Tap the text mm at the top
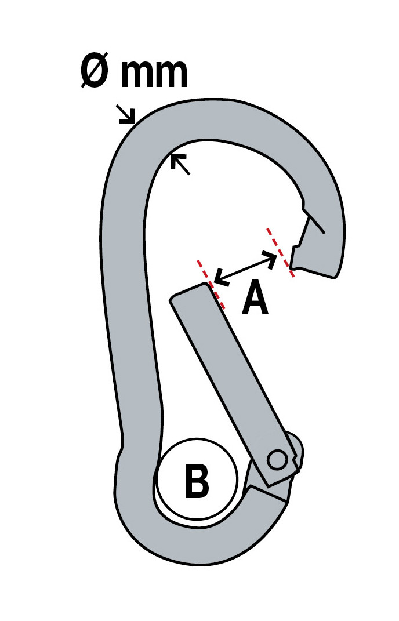point(154,73)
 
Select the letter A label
point(255,298)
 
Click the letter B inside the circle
point(197,482)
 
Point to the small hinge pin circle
point(277,460)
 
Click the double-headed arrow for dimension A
point(245,268)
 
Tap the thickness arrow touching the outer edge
point(126,114)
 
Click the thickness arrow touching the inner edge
point(180,164)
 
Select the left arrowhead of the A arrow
point(219,279)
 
